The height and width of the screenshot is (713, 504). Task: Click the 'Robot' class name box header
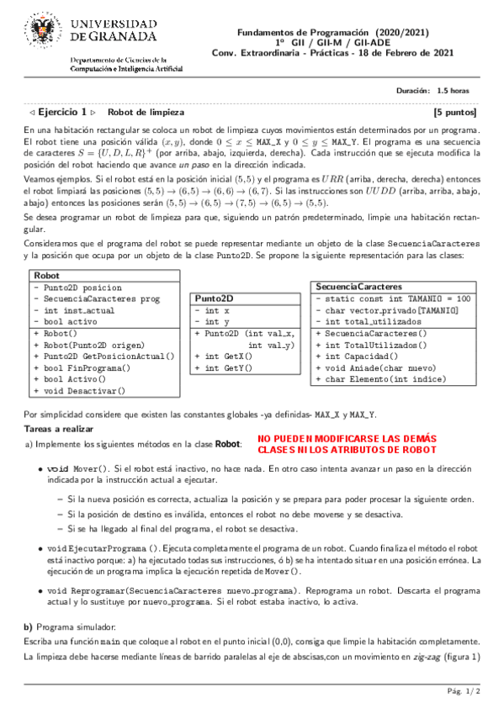point(46,204)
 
